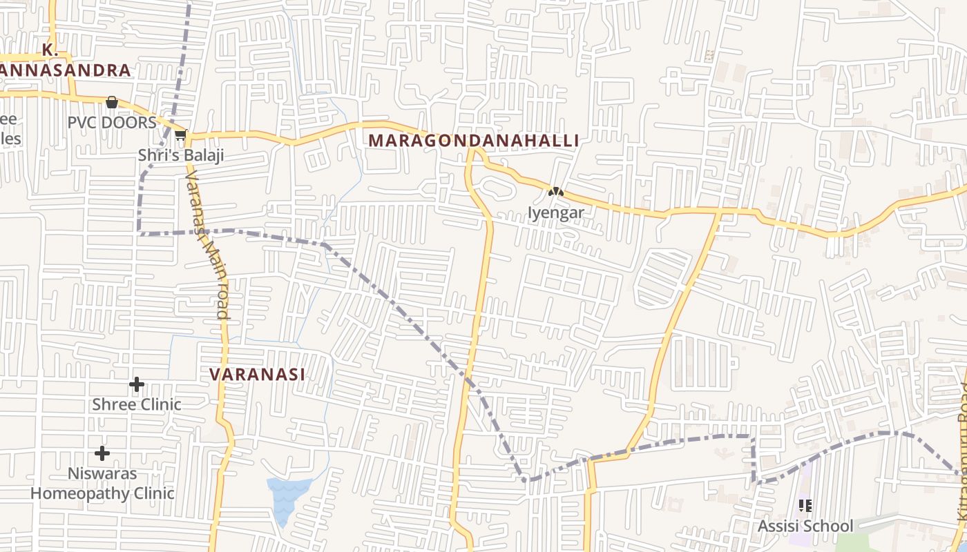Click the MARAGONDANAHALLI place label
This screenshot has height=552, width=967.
[473, 141]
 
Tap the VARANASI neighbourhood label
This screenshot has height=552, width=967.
[257, 375]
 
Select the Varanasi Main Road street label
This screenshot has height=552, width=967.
[207, 245]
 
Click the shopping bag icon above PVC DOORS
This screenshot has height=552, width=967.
[111, 103]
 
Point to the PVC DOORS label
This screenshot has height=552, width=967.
[112, 123]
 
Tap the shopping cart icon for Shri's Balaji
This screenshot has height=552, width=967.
[181, 134]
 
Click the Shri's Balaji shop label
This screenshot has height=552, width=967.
[181, 155]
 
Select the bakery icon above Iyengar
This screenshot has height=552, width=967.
[556, 192]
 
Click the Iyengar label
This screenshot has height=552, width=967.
[556, 213]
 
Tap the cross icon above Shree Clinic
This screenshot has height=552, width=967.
[137, 384]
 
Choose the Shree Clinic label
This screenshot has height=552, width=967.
[137, 404]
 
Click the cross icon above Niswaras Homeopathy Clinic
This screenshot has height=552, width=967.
[102, 453]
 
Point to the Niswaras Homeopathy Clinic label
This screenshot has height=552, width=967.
[102, 484]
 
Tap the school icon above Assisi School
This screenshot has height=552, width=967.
[805, 506]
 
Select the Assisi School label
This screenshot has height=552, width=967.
[805, 526]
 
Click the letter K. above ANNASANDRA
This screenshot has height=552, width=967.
[48, 50]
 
